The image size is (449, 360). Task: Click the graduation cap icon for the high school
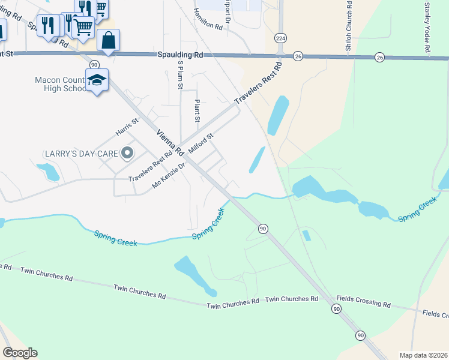[x=97, y=80]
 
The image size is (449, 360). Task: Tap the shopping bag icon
[x=108, y=41]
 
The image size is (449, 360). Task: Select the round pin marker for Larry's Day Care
[x=127, y=154]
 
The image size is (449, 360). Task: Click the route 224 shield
[x=280, y=38]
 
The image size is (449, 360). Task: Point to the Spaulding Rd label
[x=180, y=55]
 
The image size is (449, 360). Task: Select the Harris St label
[x=127, y=128]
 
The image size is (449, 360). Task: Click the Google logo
[x=20, y=353]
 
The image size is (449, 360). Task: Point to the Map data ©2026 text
[x=423, y=355]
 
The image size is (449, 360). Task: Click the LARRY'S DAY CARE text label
[x=81, y=154]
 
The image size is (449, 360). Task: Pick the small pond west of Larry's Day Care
[x=49, y=172]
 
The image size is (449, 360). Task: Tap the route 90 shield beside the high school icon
[x=94, y=64]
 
